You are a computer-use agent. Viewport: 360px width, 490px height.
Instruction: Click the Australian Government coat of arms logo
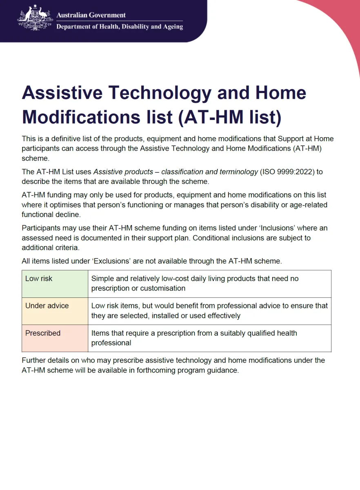coord(36,18)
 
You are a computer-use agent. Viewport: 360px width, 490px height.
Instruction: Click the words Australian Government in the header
coord(91,15)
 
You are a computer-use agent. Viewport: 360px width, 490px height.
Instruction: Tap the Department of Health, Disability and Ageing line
coord(120,27)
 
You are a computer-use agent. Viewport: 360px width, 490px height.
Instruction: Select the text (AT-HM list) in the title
coord(230,117)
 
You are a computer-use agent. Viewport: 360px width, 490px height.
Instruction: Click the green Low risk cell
coord(55,284)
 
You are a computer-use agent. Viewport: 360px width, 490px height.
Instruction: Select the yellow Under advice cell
coord(55,311)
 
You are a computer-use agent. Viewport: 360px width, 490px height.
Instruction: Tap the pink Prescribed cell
coord(55,338)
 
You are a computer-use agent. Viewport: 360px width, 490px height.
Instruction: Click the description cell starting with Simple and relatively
coord(209,284)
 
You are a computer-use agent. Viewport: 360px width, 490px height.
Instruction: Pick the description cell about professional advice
coord(209,311)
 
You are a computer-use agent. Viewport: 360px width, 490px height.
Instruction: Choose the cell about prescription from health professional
coord(209,338)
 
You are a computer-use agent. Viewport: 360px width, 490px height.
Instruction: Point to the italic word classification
coord(184,172)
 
